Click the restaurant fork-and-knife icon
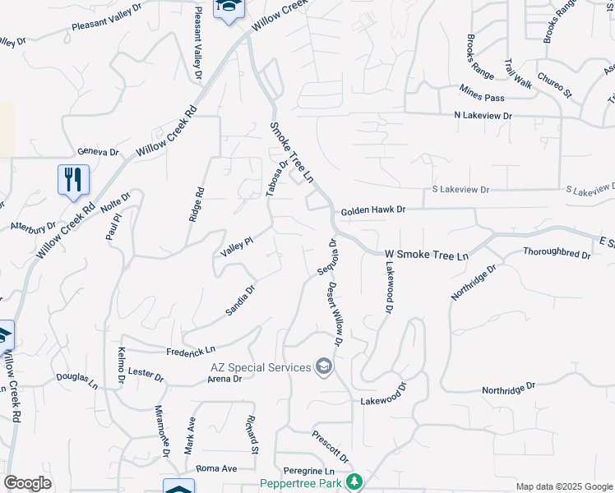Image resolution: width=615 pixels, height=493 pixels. (73, 178)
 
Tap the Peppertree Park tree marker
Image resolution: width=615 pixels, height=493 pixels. (355, 482)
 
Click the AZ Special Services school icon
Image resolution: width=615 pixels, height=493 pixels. (324, 366)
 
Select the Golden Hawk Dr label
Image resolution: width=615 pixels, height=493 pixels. (374, 210)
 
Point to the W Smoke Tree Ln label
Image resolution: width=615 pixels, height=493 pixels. (426, 256)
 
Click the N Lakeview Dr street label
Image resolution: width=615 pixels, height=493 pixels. (483, 117)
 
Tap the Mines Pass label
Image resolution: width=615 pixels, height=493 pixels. (482, 97)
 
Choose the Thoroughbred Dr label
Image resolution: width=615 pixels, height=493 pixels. (557, 255)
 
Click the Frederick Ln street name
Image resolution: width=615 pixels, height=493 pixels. (190, 351)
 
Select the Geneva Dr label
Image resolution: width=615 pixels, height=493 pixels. (98, 152)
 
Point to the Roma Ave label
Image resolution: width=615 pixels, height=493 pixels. (216, 468)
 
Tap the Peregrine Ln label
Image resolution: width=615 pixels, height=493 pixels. (306, 470)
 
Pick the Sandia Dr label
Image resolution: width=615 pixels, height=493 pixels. (241, 301)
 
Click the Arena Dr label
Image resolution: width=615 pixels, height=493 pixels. (224, 379)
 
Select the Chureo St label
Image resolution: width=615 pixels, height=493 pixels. (554, 85)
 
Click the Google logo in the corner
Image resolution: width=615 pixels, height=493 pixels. (27, 483)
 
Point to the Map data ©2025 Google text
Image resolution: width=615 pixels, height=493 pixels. (564, 486)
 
